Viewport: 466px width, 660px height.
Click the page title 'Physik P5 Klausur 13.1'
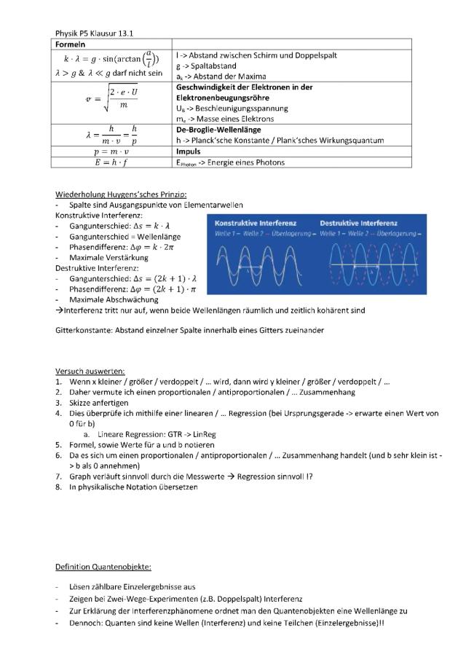click(94, 33)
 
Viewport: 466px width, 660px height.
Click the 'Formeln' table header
click(73, 44)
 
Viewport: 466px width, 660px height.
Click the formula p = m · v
click(111, 152)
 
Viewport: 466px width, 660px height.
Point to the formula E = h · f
click(111, 162)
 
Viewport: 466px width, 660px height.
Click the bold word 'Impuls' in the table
click(188, 152)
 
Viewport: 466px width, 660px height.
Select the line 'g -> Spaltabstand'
click(205, 66)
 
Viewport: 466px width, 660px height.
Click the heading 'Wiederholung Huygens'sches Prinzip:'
click(121, 195)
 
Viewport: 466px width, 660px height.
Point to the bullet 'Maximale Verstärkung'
click(108, 257)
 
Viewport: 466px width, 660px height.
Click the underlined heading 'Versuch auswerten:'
click(90, 371)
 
